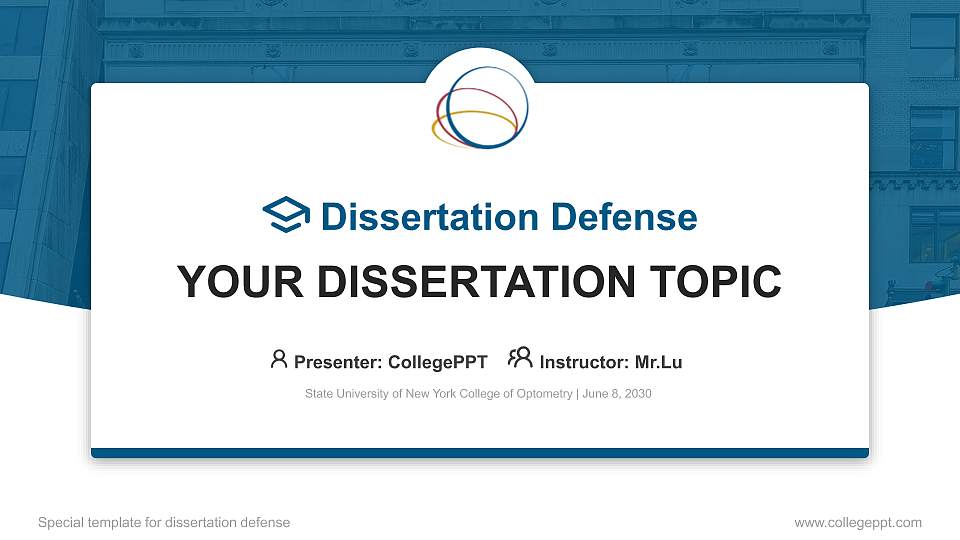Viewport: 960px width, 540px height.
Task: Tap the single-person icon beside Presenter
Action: pyautogui.click(x=279, y=359)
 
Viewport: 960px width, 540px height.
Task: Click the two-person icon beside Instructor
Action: pyautogui.click(x=520, y=359)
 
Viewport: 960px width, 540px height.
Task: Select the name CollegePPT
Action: pyautogui.click(x=437, y=362)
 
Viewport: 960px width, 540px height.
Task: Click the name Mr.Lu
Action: pyautogui.click(x=658, y=362)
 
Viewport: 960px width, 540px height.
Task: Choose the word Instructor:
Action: pyautogui.click(x=584, y=362)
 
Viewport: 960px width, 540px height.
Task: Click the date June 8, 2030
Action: pyautogui.click(x=617, y=394)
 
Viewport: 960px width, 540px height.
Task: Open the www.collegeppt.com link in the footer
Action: pyautogui.click(x=857, y=522)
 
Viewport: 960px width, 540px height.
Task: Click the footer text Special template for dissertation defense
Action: pyautogui.click(x=164, y=522)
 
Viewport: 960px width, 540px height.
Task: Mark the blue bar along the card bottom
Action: pyautogui.click(x=480, y=453)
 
